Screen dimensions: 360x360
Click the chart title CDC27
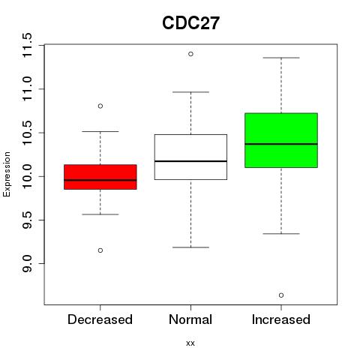pos(190,23)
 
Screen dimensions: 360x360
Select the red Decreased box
pos(100,177)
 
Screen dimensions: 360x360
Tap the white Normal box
pos(190,157)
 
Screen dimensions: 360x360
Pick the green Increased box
pos(281,140)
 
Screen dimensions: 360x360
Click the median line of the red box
pos(100,180)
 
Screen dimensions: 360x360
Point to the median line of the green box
pos(281,144)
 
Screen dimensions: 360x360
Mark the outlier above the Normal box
pos(190,54)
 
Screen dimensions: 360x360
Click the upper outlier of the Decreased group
pos(100,106)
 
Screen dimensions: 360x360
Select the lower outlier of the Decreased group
pos(100,250)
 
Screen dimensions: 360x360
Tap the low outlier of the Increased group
pos(281,295)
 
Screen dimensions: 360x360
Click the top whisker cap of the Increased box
pos(281,58)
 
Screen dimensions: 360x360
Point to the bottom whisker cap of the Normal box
pos(190,247)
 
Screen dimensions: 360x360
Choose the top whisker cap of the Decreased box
pos(100,131)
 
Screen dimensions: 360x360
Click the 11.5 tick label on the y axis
pos(27,45)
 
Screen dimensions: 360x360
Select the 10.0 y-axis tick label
pos(27,176)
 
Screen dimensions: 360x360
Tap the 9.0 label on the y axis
pos(27,264)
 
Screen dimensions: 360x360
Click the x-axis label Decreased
pos(100,319)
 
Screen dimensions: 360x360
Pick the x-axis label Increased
pos(281,319)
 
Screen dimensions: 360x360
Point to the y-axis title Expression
pos(7,174)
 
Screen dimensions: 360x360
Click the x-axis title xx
pos(190,343)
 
